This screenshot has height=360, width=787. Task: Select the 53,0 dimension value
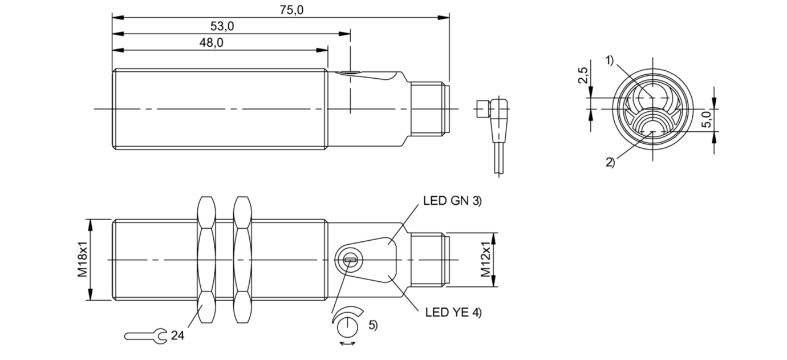(222, 26)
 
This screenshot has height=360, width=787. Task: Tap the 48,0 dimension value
(211, 43)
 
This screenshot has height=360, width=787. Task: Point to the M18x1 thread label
(82, 260)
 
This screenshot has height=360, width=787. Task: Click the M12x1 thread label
(485, 260)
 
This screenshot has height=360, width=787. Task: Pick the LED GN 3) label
(452, 201)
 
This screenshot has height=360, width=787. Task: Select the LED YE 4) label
(453, 312)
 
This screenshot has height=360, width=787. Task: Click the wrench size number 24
(178, 335)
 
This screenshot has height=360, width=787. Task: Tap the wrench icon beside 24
(146, 336)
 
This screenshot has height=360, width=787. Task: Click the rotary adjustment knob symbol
(347, 326)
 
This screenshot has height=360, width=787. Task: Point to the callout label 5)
(372, 325)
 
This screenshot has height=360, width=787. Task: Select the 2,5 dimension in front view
(583, 75)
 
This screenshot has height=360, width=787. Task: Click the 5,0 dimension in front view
(706, 119)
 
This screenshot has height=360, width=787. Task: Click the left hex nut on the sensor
(206, 260)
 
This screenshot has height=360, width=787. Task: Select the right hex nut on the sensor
(242, 260)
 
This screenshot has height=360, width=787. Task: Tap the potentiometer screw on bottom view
(351, 260)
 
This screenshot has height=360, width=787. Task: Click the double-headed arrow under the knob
(347, 343)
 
